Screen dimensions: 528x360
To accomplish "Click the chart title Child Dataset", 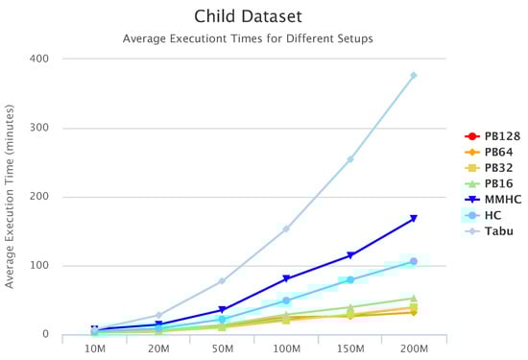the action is point(249,16).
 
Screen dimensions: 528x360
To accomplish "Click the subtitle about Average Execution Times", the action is point(248,38).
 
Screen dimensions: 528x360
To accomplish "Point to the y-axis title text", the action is point(10,197).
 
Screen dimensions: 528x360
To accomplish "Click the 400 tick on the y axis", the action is point(39,59).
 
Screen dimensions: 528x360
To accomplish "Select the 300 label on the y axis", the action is point(39,128).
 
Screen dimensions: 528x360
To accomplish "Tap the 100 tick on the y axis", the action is point(39,265).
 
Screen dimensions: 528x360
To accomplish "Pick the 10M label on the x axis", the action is point(95,348).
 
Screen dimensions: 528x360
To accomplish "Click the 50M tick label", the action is point(223,348).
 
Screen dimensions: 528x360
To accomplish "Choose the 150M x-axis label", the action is point(350,348).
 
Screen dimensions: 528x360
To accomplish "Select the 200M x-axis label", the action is point(414,348).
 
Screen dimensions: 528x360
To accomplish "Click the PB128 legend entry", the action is point(492,136).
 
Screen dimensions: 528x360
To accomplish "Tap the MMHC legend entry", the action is point(492,200).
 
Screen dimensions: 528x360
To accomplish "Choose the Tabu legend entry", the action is point(489,231).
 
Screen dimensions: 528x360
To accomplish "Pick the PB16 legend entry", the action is point(489,183).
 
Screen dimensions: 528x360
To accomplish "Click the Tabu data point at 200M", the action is point(414,76).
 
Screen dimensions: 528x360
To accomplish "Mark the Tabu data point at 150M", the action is point(350,159).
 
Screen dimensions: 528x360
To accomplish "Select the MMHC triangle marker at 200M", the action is point(414,219).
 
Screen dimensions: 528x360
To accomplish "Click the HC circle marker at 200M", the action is point(414,261).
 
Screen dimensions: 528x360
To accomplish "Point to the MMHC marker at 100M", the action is point(286,278).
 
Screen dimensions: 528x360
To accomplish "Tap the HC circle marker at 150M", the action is point(350,280).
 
